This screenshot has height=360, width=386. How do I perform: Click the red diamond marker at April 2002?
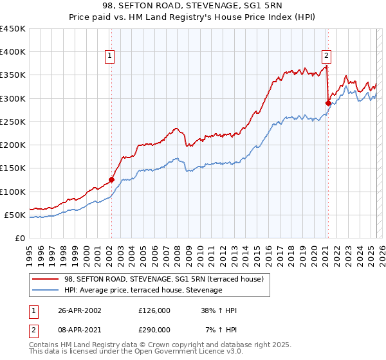(111, 180)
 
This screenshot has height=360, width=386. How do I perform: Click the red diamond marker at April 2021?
(328, 103)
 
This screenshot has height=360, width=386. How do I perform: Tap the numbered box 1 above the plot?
(111, 56)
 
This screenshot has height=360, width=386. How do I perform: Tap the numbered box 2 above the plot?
(327, 56)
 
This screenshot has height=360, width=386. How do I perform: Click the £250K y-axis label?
(13, 122)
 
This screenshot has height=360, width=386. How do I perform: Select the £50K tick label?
(15, 215)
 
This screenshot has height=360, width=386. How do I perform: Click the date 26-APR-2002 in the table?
(79, 310)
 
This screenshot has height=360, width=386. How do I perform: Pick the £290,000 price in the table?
(154, 329)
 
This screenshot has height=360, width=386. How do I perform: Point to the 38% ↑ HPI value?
(219, 310)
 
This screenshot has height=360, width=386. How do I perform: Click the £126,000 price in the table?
(154, 310)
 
